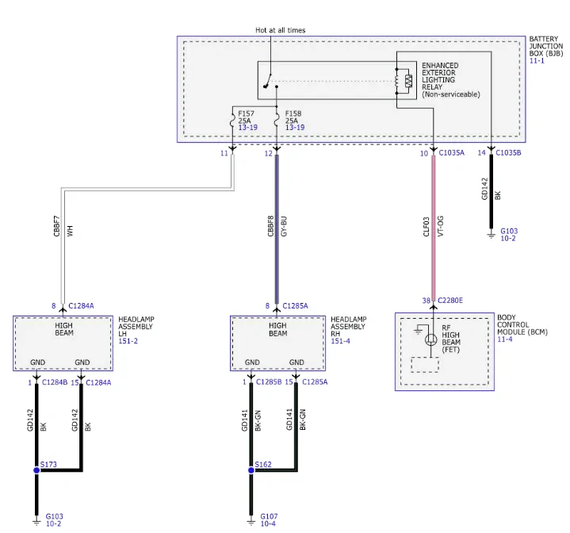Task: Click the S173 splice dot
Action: point(36,470)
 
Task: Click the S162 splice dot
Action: point(251,470)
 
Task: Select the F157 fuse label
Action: point(246,113)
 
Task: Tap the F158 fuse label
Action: point(293,113)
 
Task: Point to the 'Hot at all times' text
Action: point(281,30)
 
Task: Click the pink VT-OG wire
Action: point(434,228)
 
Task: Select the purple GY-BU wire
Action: point(277,229)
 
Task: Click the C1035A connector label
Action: point(452,153)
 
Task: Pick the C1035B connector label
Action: point(508,153)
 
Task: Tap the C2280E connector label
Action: point(450,301)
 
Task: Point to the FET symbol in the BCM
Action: point(430,340)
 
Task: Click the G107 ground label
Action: point(269,516)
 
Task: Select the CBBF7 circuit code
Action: point(56,226)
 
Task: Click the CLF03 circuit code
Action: point(427,227)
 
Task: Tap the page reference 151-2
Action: point(128,341)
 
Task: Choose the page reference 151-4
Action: point(340,341)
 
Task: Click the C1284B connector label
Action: point(55,382)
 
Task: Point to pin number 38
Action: point(427,301)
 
